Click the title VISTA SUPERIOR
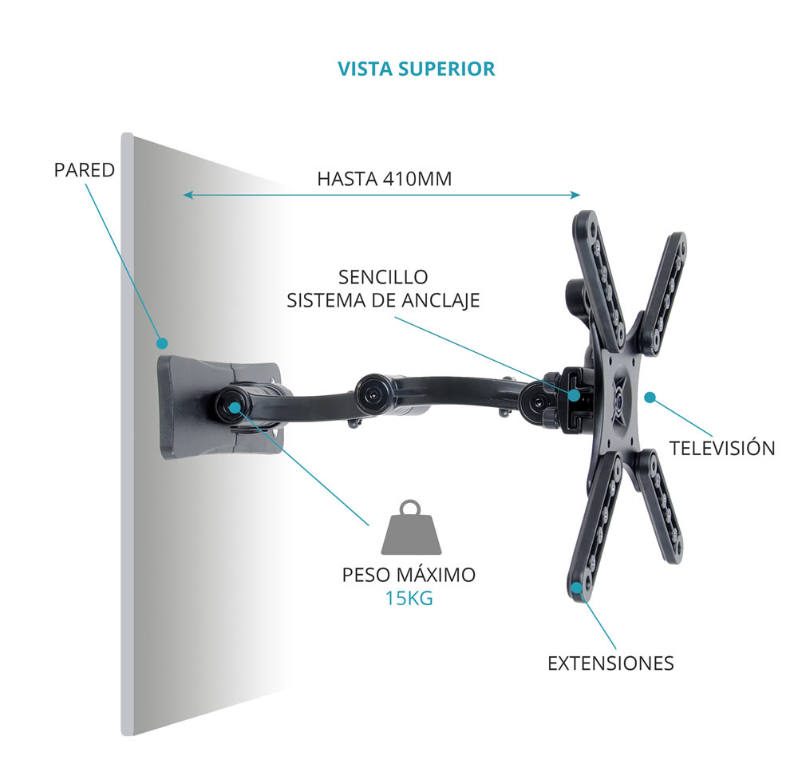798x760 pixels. pos(416,69)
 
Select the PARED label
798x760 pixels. pos(85,170)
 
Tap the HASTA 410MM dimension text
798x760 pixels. pos(384,179)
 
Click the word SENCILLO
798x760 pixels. pos(383,277)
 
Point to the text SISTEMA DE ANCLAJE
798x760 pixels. pos(383,300)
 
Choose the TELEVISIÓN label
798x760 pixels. pos(722,448)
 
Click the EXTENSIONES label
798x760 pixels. pos(610,663)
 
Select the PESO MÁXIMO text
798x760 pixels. pos(409,574)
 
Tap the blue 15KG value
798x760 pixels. pos(409,598)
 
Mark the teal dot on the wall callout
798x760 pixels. pos(162,343)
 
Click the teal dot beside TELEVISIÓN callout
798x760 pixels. pos(650,397)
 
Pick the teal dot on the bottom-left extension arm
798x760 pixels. pos(576,589)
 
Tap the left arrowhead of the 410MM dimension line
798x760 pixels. pos(187,194)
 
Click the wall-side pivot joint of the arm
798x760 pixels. pos(234,406)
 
